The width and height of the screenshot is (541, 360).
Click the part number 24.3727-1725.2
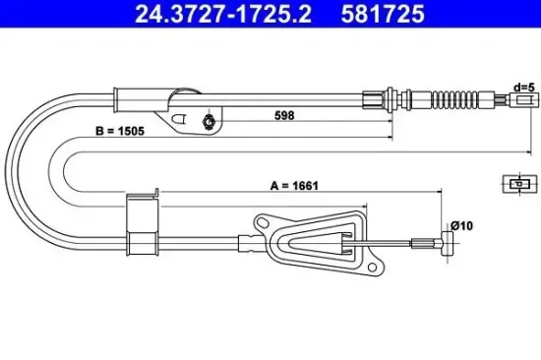pyautogui.click(x=208, y=16)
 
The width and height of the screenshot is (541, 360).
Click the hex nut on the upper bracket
pyautogui.click(x=208, y=122)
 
